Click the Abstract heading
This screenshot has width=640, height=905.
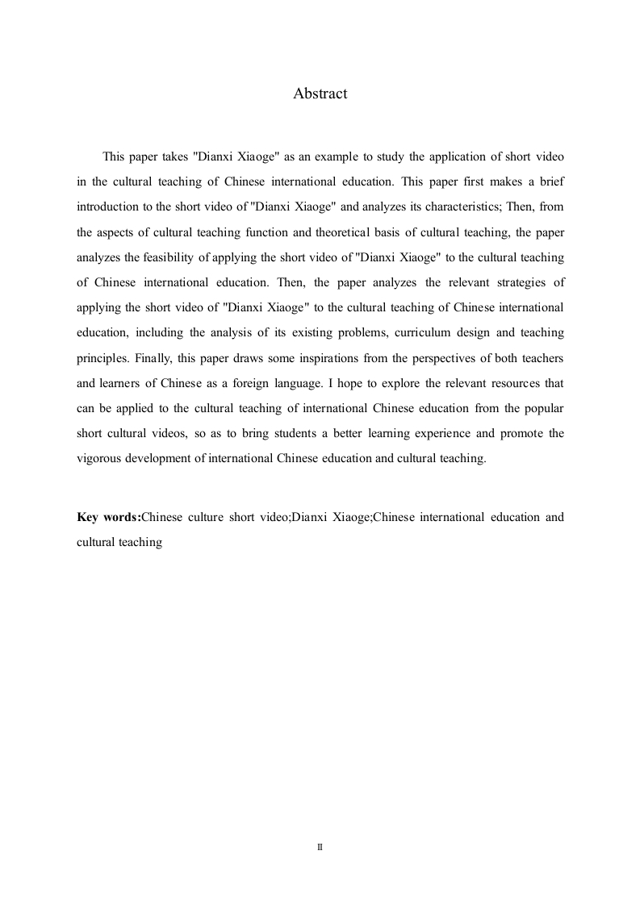(320, 94)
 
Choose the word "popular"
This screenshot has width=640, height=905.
(542, 409)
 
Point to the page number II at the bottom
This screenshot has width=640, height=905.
(320, 848)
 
